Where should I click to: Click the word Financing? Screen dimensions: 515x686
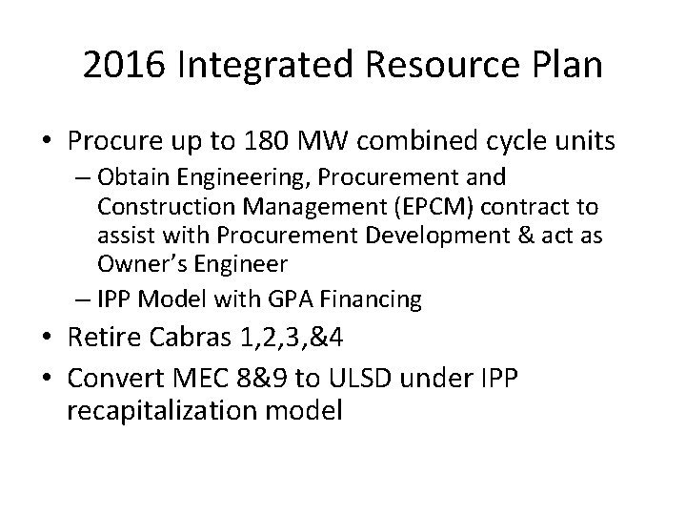click(x=371, y=299)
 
